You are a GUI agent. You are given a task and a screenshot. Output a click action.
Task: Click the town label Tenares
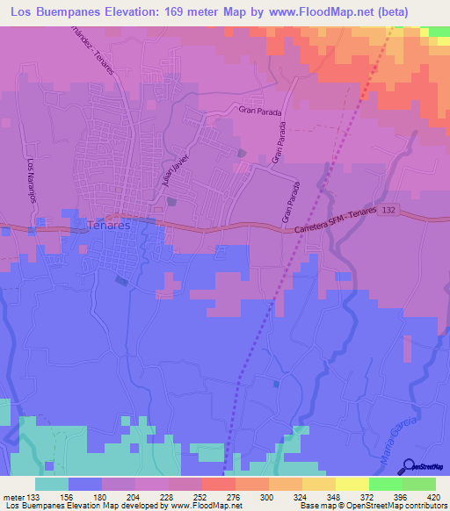[x=109, y=226]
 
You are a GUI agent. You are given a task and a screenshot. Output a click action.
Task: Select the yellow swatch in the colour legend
[x=352, y=484]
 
